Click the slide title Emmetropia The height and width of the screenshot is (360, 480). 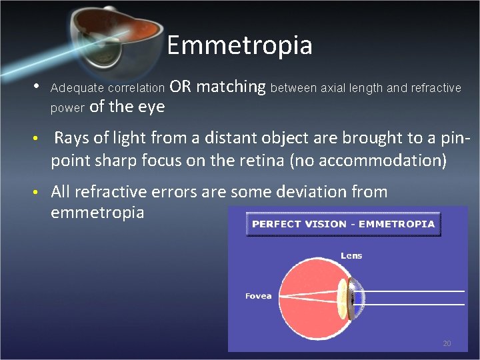239,45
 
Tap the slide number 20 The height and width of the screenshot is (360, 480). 447,343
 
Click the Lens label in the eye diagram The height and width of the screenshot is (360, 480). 351,255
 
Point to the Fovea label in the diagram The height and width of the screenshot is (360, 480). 259,295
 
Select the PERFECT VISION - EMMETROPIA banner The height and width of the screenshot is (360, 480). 344,224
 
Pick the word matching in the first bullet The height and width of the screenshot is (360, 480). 231,87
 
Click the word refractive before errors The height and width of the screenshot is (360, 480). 105,192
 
